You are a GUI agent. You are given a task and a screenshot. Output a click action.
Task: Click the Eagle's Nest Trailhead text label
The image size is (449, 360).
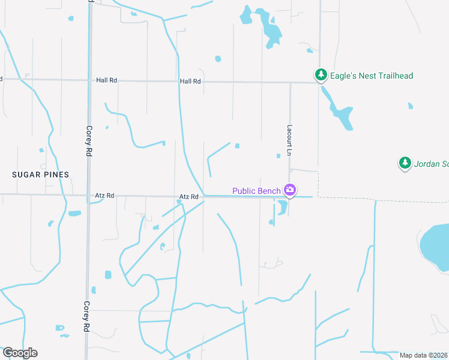pos(372,76)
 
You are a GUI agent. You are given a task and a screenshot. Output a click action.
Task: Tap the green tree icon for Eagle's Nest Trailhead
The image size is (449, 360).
pos(321,75)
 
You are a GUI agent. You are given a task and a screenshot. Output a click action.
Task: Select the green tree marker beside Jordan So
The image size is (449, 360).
pos(405,163)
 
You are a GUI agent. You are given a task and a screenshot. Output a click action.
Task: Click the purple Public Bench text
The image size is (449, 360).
pos(256,191)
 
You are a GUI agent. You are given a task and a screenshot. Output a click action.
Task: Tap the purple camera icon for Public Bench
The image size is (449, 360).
pos(290,190)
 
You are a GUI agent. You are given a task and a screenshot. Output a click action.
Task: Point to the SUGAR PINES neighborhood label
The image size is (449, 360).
pos(41,174)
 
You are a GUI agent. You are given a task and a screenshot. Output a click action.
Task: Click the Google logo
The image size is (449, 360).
pos(20,353)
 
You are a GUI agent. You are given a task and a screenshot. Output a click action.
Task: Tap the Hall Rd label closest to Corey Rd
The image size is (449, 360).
pos(106,80)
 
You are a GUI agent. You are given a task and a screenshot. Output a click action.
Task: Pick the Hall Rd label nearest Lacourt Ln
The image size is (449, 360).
pos(190,81)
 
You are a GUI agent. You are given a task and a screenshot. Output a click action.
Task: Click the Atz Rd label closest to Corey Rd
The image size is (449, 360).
pos(104,196)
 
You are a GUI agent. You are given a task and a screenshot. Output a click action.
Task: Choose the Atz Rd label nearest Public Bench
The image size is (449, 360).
pos(188,197)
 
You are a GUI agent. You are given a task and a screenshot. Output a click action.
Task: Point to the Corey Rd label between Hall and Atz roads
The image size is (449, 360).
pos(88,142)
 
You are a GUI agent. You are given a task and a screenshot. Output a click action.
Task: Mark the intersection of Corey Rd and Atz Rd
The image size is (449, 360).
pos(88,196)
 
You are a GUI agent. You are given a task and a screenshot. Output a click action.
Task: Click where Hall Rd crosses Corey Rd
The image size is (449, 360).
pos(89,80)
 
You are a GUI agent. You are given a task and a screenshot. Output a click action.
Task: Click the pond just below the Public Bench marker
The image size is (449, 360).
pos(282,208)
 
